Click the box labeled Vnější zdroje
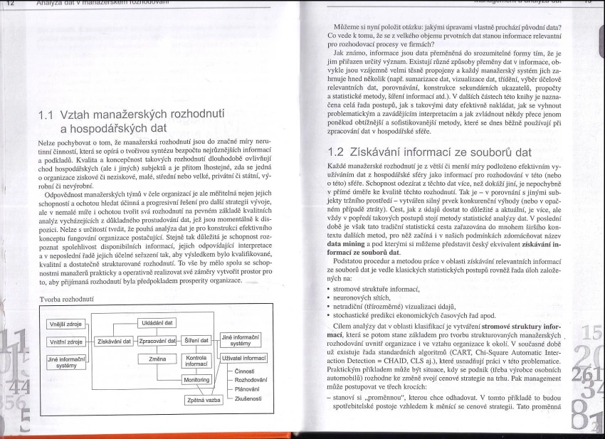pos(65,324)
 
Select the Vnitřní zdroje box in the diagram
pos(65,341)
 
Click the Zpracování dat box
pos(157,341)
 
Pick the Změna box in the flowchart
pos(157,359)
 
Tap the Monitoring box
pos(196,380)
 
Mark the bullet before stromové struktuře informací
pos(322,270)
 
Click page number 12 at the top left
pos(11,3)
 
